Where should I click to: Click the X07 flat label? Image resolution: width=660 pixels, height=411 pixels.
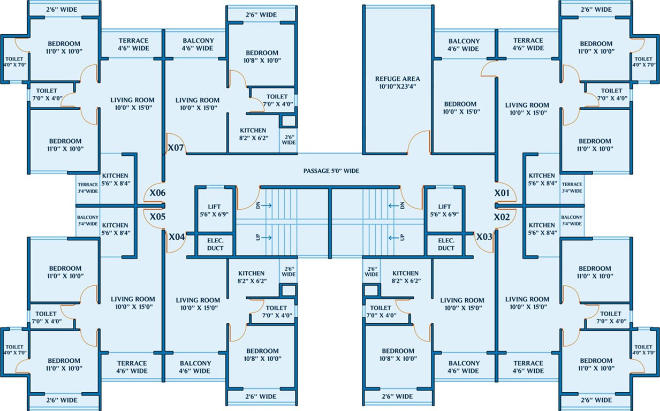176,147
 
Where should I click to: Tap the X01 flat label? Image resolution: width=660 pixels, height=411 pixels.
502,193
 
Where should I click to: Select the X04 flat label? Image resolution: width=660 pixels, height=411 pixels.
177,237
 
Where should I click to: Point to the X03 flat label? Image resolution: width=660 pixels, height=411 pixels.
484,237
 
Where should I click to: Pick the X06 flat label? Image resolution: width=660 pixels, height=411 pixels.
157,193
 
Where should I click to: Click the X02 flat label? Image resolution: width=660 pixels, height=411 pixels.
502,217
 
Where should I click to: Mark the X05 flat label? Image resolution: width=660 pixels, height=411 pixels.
157,217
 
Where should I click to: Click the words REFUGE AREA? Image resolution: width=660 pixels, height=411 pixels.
398,79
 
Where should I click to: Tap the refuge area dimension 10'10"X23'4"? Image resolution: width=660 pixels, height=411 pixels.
398,86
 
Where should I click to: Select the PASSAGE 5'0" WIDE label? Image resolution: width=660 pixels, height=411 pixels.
331,171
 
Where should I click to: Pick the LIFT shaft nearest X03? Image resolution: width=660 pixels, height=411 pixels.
445,210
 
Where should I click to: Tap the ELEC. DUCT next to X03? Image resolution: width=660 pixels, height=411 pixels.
446,245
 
